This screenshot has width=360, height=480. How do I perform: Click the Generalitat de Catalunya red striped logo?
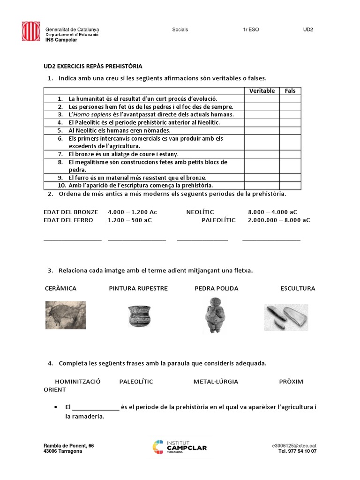click(31, 31)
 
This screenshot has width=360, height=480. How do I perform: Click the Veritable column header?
click(262, 91)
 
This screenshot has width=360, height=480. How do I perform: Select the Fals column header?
click(290, 91)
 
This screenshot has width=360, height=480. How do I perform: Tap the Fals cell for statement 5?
click(290, 130)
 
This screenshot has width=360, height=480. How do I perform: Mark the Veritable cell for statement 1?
click(262, 99)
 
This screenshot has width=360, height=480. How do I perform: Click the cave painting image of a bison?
click(65, 315)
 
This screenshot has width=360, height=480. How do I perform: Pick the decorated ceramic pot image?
click(138, 316)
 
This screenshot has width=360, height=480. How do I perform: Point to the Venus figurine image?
click(215, 315)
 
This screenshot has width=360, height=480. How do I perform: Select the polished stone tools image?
click(286, 317)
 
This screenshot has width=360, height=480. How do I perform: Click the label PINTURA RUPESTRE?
click(138, 288)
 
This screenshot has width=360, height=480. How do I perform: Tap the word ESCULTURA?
click(298, 288)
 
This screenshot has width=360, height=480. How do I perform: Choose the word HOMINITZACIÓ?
click(78, 382)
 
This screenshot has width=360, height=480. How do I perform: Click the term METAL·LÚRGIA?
click(216, 382)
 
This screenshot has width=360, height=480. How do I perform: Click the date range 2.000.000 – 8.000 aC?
click(279, 220)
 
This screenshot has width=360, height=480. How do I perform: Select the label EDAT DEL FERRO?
click(68, 220)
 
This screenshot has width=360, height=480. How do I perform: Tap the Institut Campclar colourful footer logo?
click(180, 448)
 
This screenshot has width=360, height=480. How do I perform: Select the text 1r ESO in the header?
click(251, 30)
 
